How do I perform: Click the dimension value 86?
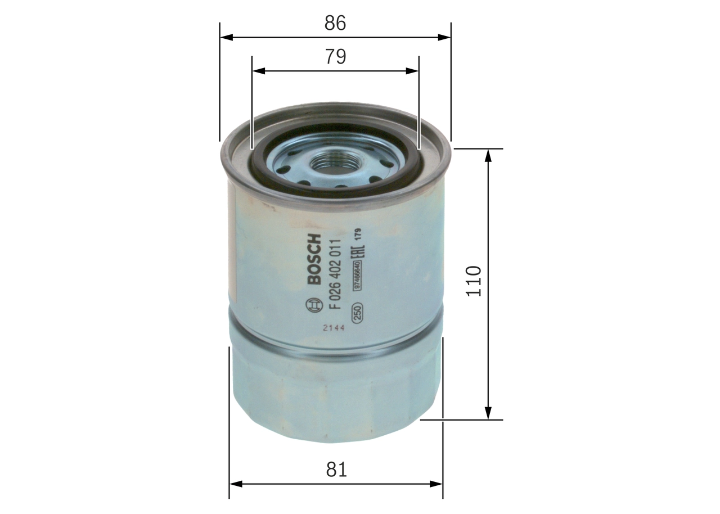(335, 23)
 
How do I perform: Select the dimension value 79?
(335, 57)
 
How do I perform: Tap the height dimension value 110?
(474, 281)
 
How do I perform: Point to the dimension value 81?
(336, 470)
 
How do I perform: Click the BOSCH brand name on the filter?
(313, 259)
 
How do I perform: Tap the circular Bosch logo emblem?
(313, 305)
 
